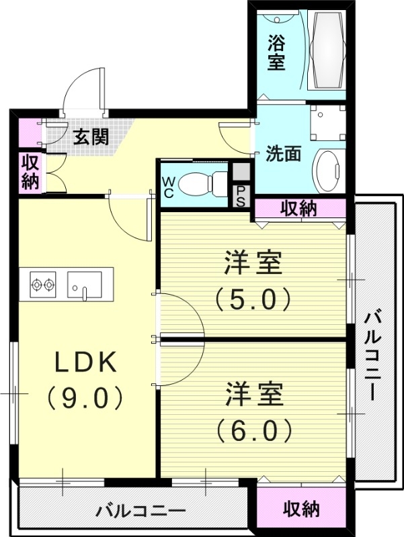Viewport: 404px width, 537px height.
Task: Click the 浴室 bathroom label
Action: (x=276, y=52)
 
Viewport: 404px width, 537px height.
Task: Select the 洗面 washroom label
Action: (x=282, y=154)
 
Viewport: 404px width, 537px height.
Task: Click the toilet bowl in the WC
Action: (x=202, y=181)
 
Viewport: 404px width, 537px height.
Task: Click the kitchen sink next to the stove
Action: (x=85, y=285)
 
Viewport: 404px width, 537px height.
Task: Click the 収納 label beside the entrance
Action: (x=30, y=172)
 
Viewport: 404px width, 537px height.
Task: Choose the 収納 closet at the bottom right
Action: (x=300, y=509)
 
